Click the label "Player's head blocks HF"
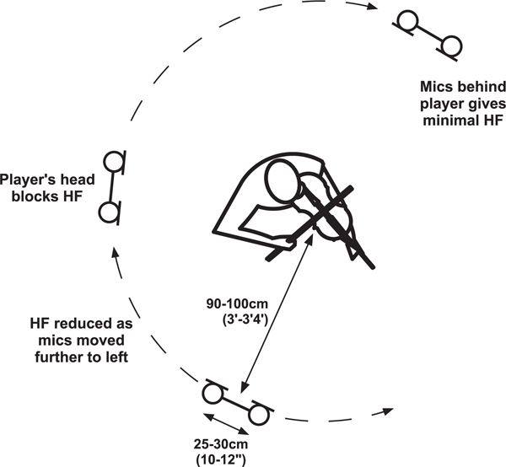47,188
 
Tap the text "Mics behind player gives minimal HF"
463,104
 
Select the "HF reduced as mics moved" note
81,332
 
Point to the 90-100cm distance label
237,303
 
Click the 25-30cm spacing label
221,444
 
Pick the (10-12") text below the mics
221,459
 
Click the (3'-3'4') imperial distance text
245,320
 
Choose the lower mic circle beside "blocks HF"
109,213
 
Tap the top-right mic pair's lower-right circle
451,46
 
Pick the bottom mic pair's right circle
259,415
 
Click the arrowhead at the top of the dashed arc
373,6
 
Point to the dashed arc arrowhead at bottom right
388,411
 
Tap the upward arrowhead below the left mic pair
114,252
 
